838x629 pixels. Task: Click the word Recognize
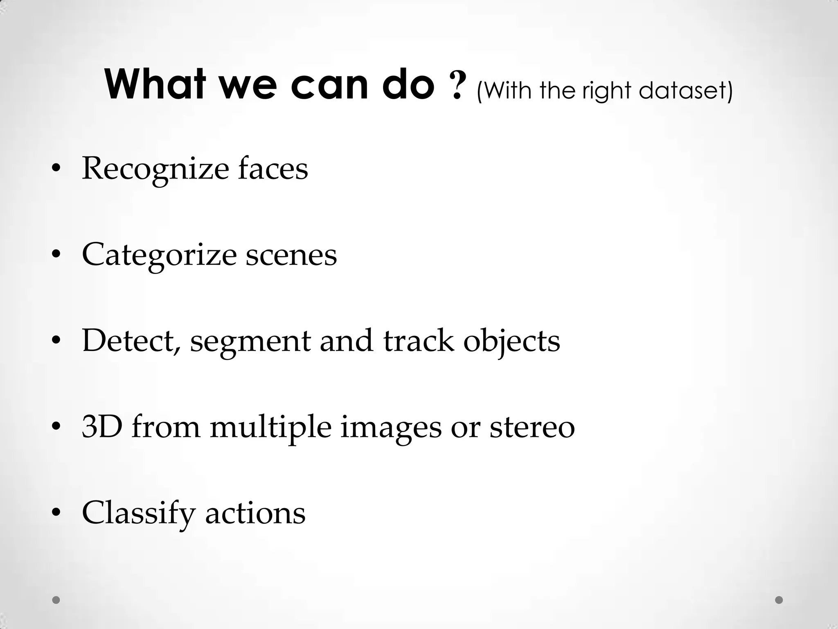(x=155, y=169)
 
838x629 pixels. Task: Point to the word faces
(x=273, y=168)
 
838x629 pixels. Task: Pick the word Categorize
(x=159, y=255)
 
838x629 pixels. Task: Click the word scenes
(x=291, y=255)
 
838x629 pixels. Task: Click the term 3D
(x=102, y=427)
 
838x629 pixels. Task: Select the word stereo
(x=532, y=427)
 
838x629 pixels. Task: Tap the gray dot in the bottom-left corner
(x=56, y=600)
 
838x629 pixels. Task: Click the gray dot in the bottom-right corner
(x=779, y=600)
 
